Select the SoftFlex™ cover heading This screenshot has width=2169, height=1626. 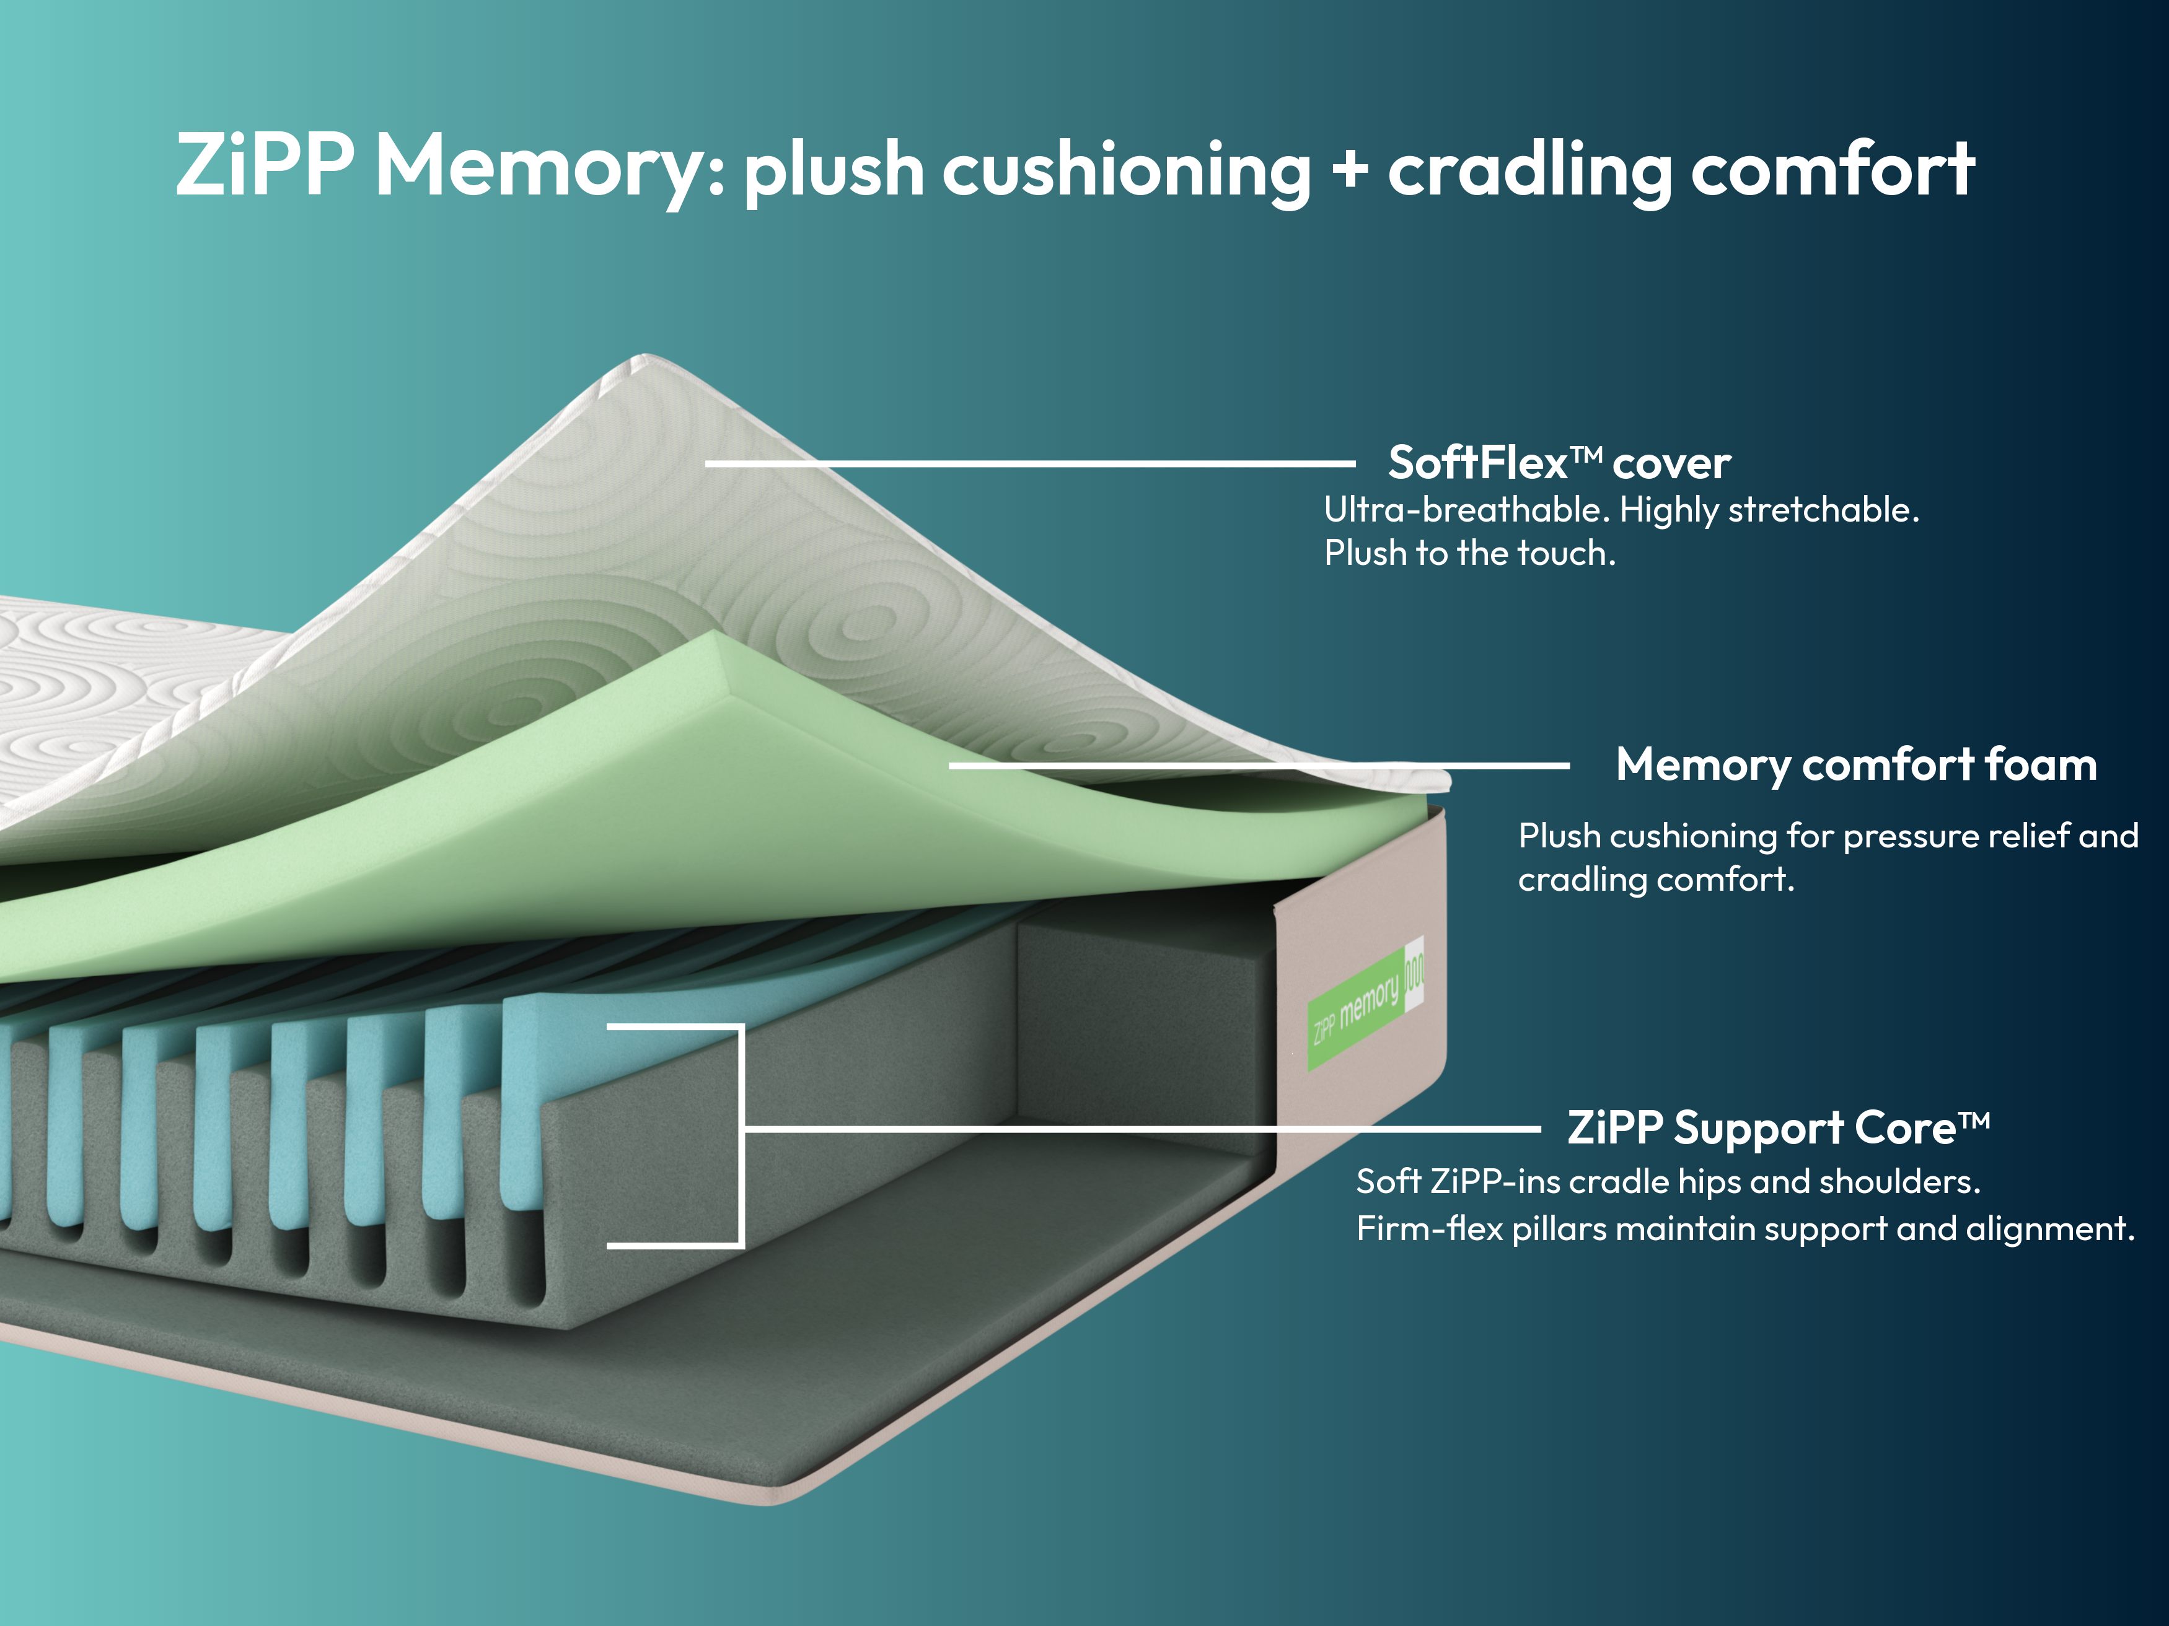tap(1559, 463)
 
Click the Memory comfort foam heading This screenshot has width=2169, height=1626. tap(1855, 764)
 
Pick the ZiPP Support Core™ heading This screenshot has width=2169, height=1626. tap(1778, 1127)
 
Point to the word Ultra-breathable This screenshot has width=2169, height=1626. tap(1462, 510)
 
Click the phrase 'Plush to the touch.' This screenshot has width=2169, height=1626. tap(1469, 554)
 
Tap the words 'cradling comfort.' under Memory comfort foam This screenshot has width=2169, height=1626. tap(1655, 879)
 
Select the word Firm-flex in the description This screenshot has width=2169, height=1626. tap(1428, 1228)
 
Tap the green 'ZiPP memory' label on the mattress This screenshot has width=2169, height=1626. tap(1358, 1010)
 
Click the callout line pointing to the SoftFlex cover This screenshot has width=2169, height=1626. tap(1029, 463)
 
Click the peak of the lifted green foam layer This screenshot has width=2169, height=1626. tap(721, 637)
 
